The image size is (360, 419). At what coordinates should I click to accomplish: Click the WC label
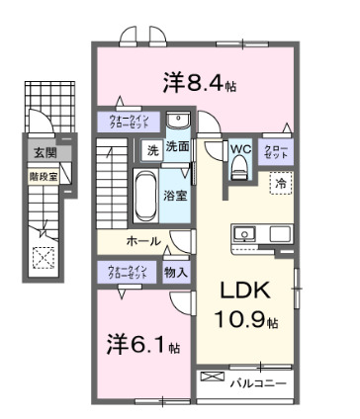(x=242, y=149)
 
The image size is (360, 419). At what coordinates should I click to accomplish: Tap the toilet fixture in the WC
(x=238, y=170)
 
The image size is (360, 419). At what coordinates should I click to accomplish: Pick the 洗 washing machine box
(x=151, y=150)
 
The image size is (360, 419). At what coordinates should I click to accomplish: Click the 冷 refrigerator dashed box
(x=281, y=183)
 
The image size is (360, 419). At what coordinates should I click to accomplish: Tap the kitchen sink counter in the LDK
(x=261, y=233)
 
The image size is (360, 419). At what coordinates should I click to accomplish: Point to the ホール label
(x=144, y=240)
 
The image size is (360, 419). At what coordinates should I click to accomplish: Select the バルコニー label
(x=259, y=380)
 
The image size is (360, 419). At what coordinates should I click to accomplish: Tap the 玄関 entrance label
(x=44, y=152)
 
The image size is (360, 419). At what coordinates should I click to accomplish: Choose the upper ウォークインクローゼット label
(x=129, y=124)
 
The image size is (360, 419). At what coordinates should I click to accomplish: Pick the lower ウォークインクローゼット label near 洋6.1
(x=129, y=272)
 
